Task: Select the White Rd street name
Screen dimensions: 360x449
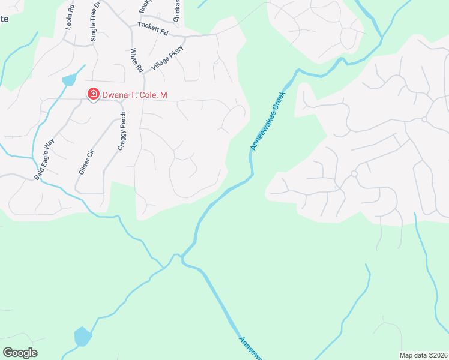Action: point(137,61)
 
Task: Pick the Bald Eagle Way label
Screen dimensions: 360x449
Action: point(44,158)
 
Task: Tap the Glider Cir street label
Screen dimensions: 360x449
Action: point(86,160)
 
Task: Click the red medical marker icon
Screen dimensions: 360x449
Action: point(93,94)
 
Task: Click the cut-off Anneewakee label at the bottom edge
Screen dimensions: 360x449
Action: point(252,348)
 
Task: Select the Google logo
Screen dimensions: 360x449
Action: point(20,353)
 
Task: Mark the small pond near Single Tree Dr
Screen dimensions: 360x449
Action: point(69,80)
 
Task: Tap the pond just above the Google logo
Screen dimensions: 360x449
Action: point(82,337)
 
